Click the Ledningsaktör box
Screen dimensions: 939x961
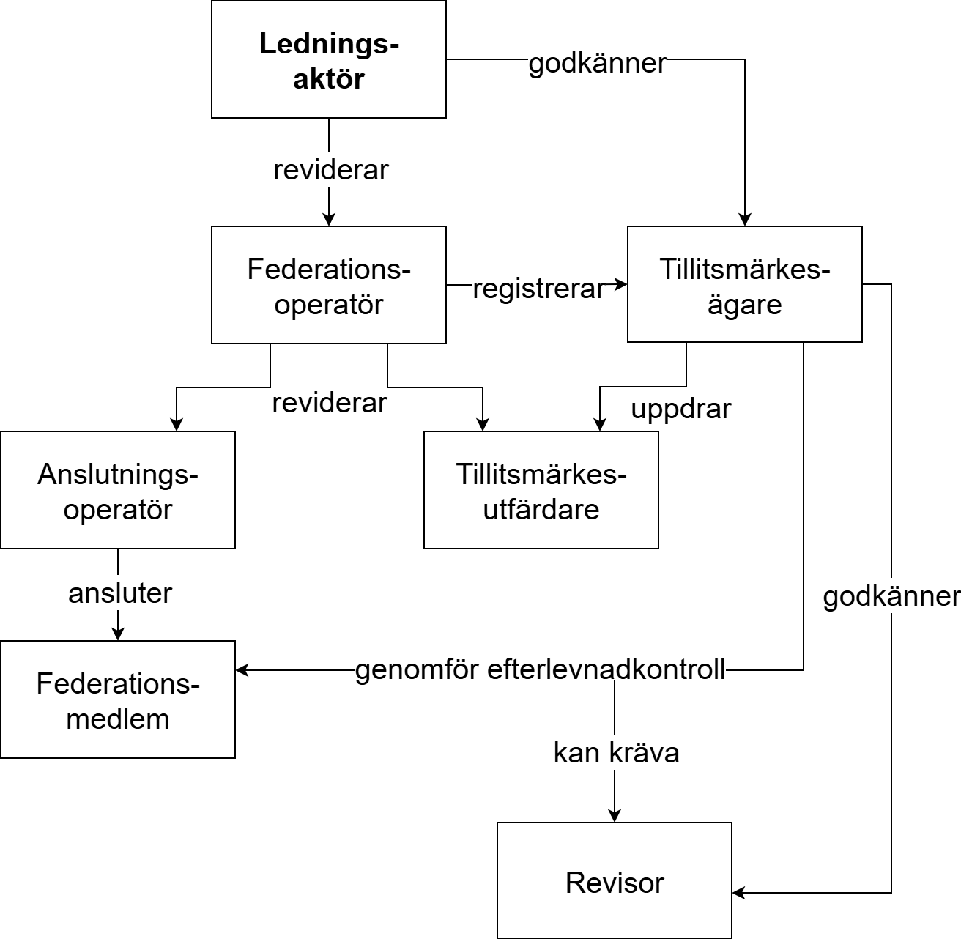point(329,59)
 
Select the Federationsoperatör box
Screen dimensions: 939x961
point(329,285)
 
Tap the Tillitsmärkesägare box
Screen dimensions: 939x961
point(744,285)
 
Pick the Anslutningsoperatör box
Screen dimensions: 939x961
point(118,490)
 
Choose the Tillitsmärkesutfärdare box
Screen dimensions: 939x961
point(541,490)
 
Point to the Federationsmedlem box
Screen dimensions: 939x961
point(118,699)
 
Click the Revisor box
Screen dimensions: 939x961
point(615,881)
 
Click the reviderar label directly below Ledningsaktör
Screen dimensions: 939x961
point(331,170)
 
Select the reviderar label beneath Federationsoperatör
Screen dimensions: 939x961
point(330,403)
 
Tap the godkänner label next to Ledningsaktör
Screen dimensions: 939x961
point(598,64)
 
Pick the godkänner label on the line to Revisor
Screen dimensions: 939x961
point(891,597)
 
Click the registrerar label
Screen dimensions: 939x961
point(538,289)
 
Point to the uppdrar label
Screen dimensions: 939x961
point(681,409)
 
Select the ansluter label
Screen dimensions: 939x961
point(120,593)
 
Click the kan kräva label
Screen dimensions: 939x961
point(616,753)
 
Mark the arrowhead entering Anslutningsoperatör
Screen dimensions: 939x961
point(177,424)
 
